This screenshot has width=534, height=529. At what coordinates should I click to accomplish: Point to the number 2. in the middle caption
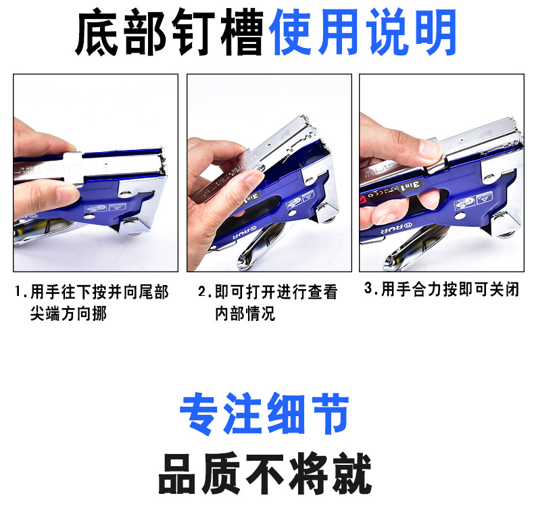[x=205, y=293]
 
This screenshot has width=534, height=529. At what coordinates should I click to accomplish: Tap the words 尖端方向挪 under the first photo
[x=68, y=314]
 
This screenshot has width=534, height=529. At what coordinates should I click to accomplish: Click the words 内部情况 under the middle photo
[x=245, y=314]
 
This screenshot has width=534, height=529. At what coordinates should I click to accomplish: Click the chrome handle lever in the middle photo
[x=257, y=247]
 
